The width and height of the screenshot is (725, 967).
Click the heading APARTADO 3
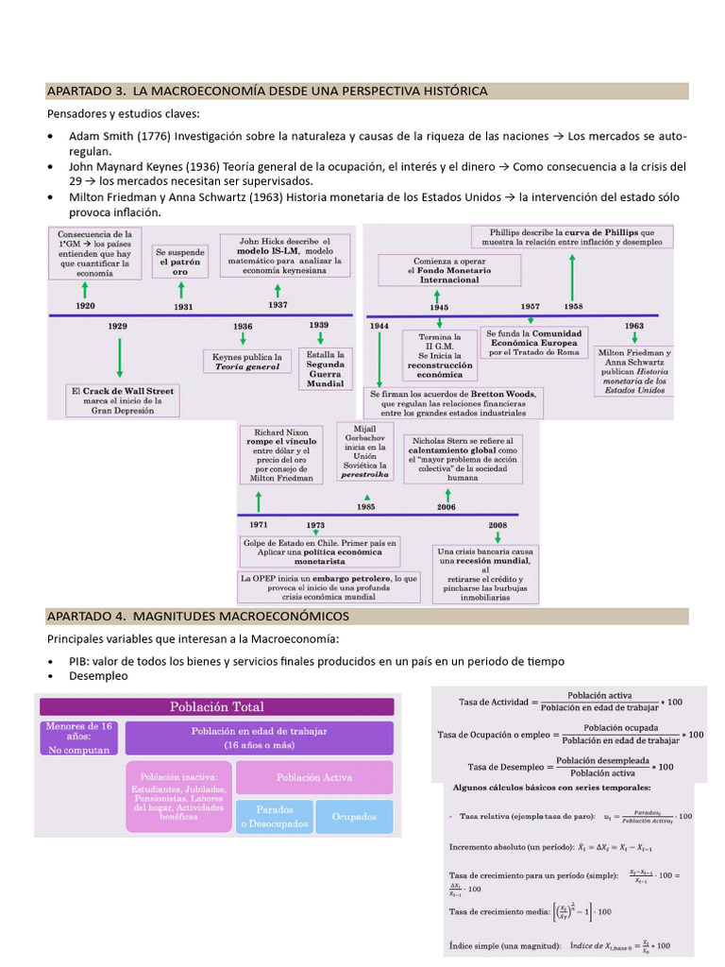coord(267,91)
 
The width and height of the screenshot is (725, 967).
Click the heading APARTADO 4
coord(198,617)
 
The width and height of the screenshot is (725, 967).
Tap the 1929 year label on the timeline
coord(117,326)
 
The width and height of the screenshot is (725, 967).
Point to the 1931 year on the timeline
coord(184,306)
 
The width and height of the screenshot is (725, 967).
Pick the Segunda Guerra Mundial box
coord(325,369)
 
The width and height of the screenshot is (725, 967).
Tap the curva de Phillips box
coord(576,236)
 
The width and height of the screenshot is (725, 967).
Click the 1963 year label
coord(633,326)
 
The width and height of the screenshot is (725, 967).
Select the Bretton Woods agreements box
coord(455,403)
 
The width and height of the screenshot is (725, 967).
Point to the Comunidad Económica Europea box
coord(533,343)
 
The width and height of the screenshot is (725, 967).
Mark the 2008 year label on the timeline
coord(497,525)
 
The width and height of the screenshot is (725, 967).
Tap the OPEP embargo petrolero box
coord(329,586)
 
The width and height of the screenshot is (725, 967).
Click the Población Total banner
coord(215,706)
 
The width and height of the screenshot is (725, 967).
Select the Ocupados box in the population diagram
coord(353,816)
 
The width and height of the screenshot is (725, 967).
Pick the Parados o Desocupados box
coord(274,816)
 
